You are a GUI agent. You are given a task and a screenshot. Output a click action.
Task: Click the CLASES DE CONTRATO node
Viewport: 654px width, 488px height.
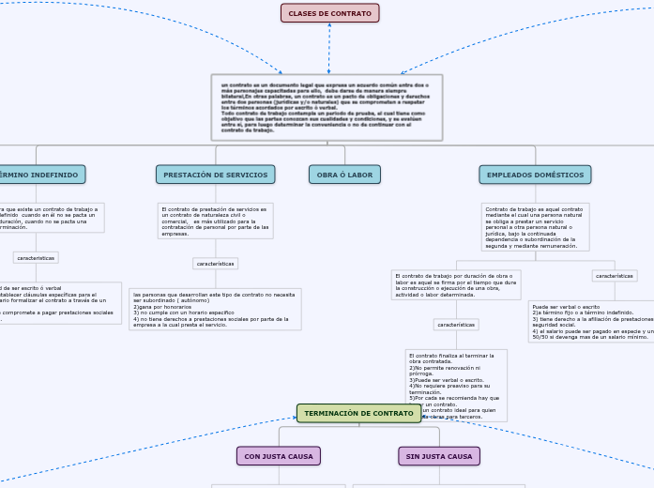coord(329,13)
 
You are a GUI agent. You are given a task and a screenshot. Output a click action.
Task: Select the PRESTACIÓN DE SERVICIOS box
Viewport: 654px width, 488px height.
coord(215,175)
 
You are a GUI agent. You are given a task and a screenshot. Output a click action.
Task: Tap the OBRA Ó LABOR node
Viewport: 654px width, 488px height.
coord(344,175)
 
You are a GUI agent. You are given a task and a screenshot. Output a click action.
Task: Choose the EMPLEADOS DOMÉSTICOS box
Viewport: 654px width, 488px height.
coord(535,175)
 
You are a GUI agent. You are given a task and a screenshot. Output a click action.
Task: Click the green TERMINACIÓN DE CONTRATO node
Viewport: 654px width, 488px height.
coord(358,413)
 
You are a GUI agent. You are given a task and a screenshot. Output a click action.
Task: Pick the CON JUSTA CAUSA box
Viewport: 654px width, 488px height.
coord(279,456)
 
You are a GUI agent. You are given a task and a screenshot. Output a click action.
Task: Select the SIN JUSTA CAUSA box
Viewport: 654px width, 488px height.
coord(439,456)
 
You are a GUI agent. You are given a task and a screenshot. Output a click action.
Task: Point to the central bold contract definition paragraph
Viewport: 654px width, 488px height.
coord(326,107)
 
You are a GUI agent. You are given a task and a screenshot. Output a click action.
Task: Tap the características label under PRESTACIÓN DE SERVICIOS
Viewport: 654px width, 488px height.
coord(215,264)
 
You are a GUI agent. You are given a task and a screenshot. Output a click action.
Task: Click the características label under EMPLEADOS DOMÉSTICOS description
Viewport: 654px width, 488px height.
coord(615,276)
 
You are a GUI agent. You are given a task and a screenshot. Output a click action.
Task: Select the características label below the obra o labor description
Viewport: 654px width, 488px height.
coord(456,325)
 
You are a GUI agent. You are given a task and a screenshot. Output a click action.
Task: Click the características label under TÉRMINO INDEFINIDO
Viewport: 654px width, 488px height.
coord(36,257)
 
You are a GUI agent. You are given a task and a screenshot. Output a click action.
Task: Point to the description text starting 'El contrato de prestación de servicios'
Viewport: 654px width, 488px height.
coord(215,221)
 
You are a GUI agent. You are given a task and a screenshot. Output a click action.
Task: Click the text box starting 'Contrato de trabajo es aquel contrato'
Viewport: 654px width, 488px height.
coord(535,227)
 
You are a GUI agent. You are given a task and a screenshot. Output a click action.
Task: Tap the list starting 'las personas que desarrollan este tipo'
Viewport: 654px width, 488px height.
coord(214,309)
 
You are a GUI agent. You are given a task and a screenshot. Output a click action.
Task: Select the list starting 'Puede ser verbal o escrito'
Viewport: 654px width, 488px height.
coord(591,321)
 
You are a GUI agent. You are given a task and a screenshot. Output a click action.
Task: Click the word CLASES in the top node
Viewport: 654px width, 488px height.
coord(302,13)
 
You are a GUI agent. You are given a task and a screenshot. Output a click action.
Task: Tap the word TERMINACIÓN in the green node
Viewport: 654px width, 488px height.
coord(333,413)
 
